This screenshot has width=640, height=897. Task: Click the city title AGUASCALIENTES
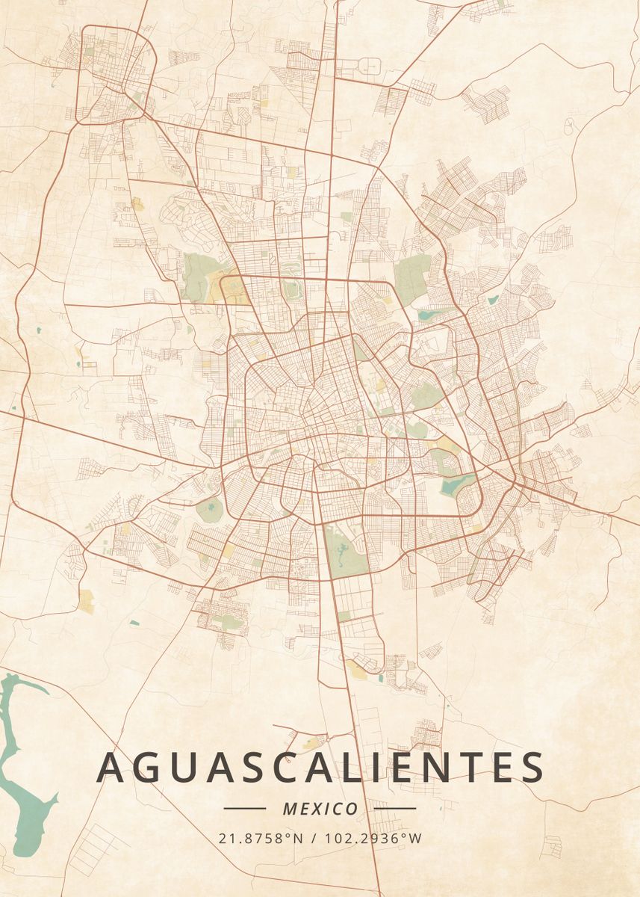[320, 767]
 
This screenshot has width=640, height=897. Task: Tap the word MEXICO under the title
[320, 809]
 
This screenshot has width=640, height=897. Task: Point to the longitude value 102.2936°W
[373, 839]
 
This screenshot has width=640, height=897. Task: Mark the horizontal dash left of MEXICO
[245, 808]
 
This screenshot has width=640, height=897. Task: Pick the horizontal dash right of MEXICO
[395, 808]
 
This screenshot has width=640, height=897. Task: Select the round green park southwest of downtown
[209, 510]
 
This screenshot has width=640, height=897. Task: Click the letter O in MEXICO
[351, 809]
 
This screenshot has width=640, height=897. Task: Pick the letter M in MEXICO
[290, 809]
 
